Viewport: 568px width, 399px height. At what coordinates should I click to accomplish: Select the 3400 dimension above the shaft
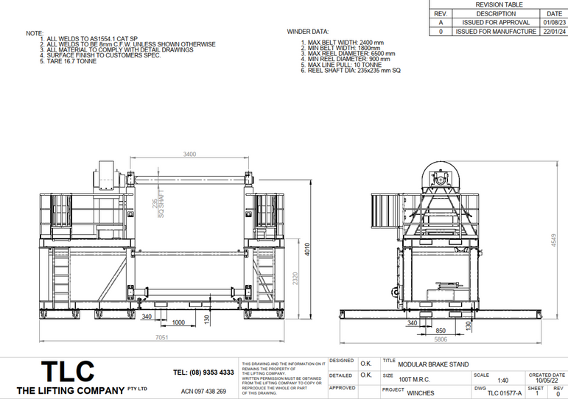tap(189, 154)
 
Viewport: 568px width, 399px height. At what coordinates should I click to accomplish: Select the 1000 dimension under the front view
tap(178, 322)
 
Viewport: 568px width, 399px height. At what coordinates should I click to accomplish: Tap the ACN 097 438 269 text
tap(203, 391)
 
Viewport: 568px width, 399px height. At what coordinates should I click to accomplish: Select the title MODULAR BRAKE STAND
tap(432, 364)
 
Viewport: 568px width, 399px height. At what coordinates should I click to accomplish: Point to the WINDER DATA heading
tap(307, 32)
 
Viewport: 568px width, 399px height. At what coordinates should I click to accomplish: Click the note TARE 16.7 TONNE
tap(72, 61)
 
